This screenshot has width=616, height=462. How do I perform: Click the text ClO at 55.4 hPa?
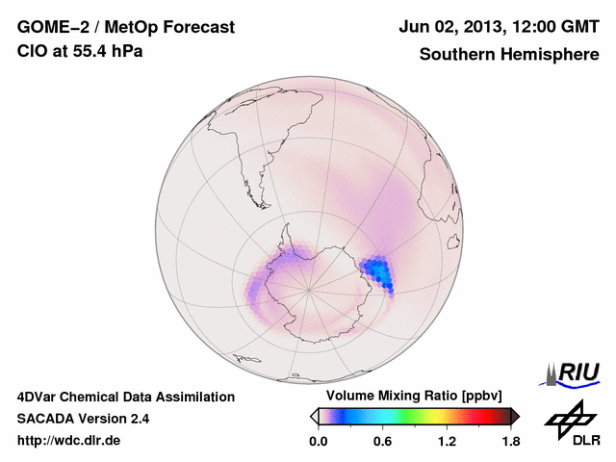(x=80, y=51)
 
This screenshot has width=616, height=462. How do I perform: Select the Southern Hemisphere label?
(x=509, y=55)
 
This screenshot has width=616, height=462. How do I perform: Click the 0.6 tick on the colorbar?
(x=382, y=442)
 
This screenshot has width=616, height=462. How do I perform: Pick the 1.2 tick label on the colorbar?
(x=447, y=442)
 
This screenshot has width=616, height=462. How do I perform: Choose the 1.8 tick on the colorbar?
(x=510, y=442)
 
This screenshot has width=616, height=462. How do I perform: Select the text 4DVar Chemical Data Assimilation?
(x=125, y=397)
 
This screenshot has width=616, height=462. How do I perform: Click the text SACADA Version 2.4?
(x=83, y=419)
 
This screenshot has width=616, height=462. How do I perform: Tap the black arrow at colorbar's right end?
(x=515, y=416)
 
